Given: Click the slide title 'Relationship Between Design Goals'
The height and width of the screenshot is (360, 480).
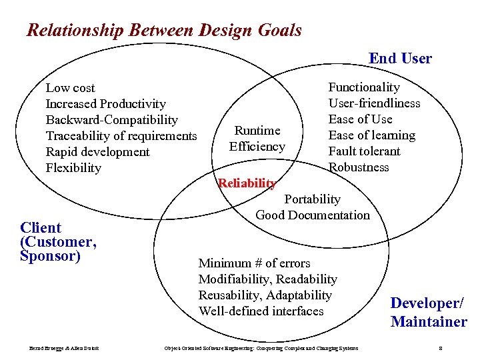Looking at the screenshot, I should (164, 31).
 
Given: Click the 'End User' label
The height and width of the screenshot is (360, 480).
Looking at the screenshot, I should (400, 59).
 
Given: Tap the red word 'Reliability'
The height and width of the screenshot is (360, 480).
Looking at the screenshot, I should (247, 183).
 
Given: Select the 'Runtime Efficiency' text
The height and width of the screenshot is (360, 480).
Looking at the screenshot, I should (257, 139).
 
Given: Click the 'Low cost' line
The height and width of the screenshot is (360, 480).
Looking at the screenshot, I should (70, 88).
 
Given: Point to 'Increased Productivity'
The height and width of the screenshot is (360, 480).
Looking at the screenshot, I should (105, 104).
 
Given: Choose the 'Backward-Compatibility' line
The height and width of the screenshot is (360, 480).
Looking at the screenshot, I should (111, 120).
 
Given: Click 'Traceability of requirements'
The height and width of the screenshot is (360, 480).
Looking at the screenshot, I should (121, 136).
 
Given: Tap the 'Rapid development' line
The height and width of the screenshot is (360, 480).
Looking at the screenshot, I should (97, 152).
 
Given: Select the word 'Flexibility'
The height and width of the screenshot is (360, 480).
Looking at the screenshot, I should (73, 168).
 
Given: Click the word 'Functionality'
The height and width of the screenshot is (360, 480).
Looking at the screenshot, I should (364, 87).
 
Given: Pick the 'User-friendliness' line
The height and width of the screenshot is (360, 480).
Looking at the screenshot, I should (374, 103).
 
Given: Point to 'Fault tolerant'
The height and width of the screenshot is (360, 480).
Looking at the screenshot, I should (364, 151).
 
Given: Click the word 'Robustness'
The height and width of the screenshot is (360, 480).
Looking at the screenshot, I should (359, 167).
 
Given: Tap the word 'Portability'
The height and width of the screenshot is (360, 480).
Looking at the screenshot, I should (312, 199).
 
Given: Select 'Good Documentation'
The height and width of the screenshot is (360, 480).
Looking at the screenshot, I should (312, 215).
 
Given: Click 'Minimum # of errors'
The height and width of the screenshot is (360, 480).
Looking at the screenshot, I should (254, 263).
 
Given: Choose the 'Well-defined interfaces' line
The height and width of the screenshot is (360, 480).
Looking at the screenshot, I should (261, 311).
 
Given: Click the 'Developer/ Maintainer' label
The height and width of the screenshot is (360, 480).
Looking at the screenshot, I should (429, 313).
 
